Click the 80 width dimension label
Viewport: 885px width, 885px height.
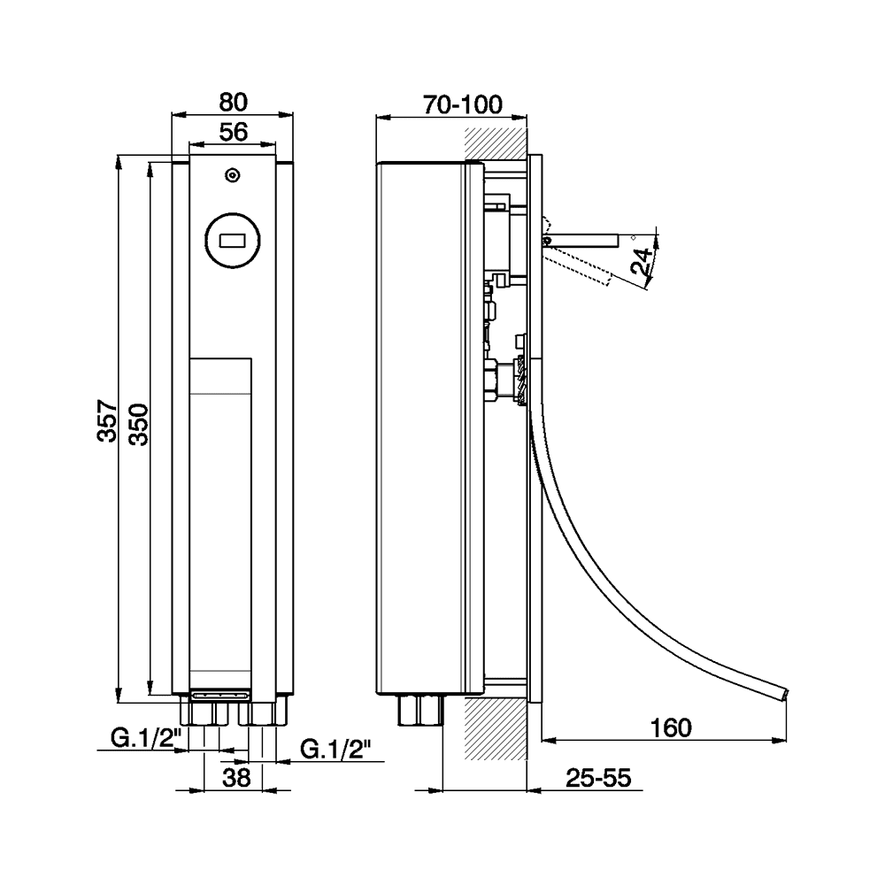click(x=232, y=100)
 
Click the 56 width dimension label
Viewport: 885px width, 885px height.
click(x=232, y=132)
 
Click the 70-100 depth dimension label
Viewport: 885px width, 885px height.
click(x=462, y=104)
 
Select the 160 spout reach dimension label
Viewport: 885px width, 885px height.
click(x=670, y=727)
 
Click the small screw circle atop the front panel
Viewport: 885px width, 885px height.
click(x=232, y=175)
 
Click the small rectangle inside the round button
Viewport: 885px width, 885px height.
click(x=233, y=239)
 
